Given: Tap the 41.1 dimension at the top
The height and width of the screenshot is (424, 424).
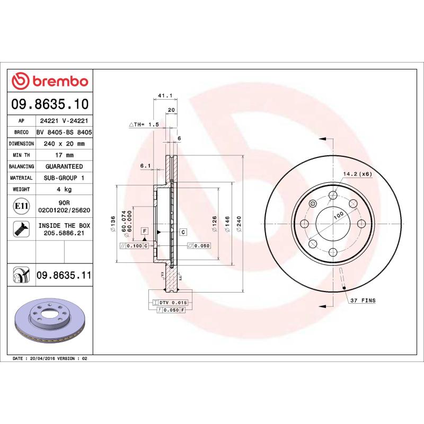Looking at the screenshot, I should [x=164, y=96].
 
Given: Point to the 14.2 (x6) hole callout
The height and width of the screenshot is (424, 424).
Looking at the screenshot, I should [x=357, y=174].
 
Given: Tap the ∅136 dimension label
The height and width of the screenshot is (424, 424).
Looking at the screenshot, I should [x=111, y=224].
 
